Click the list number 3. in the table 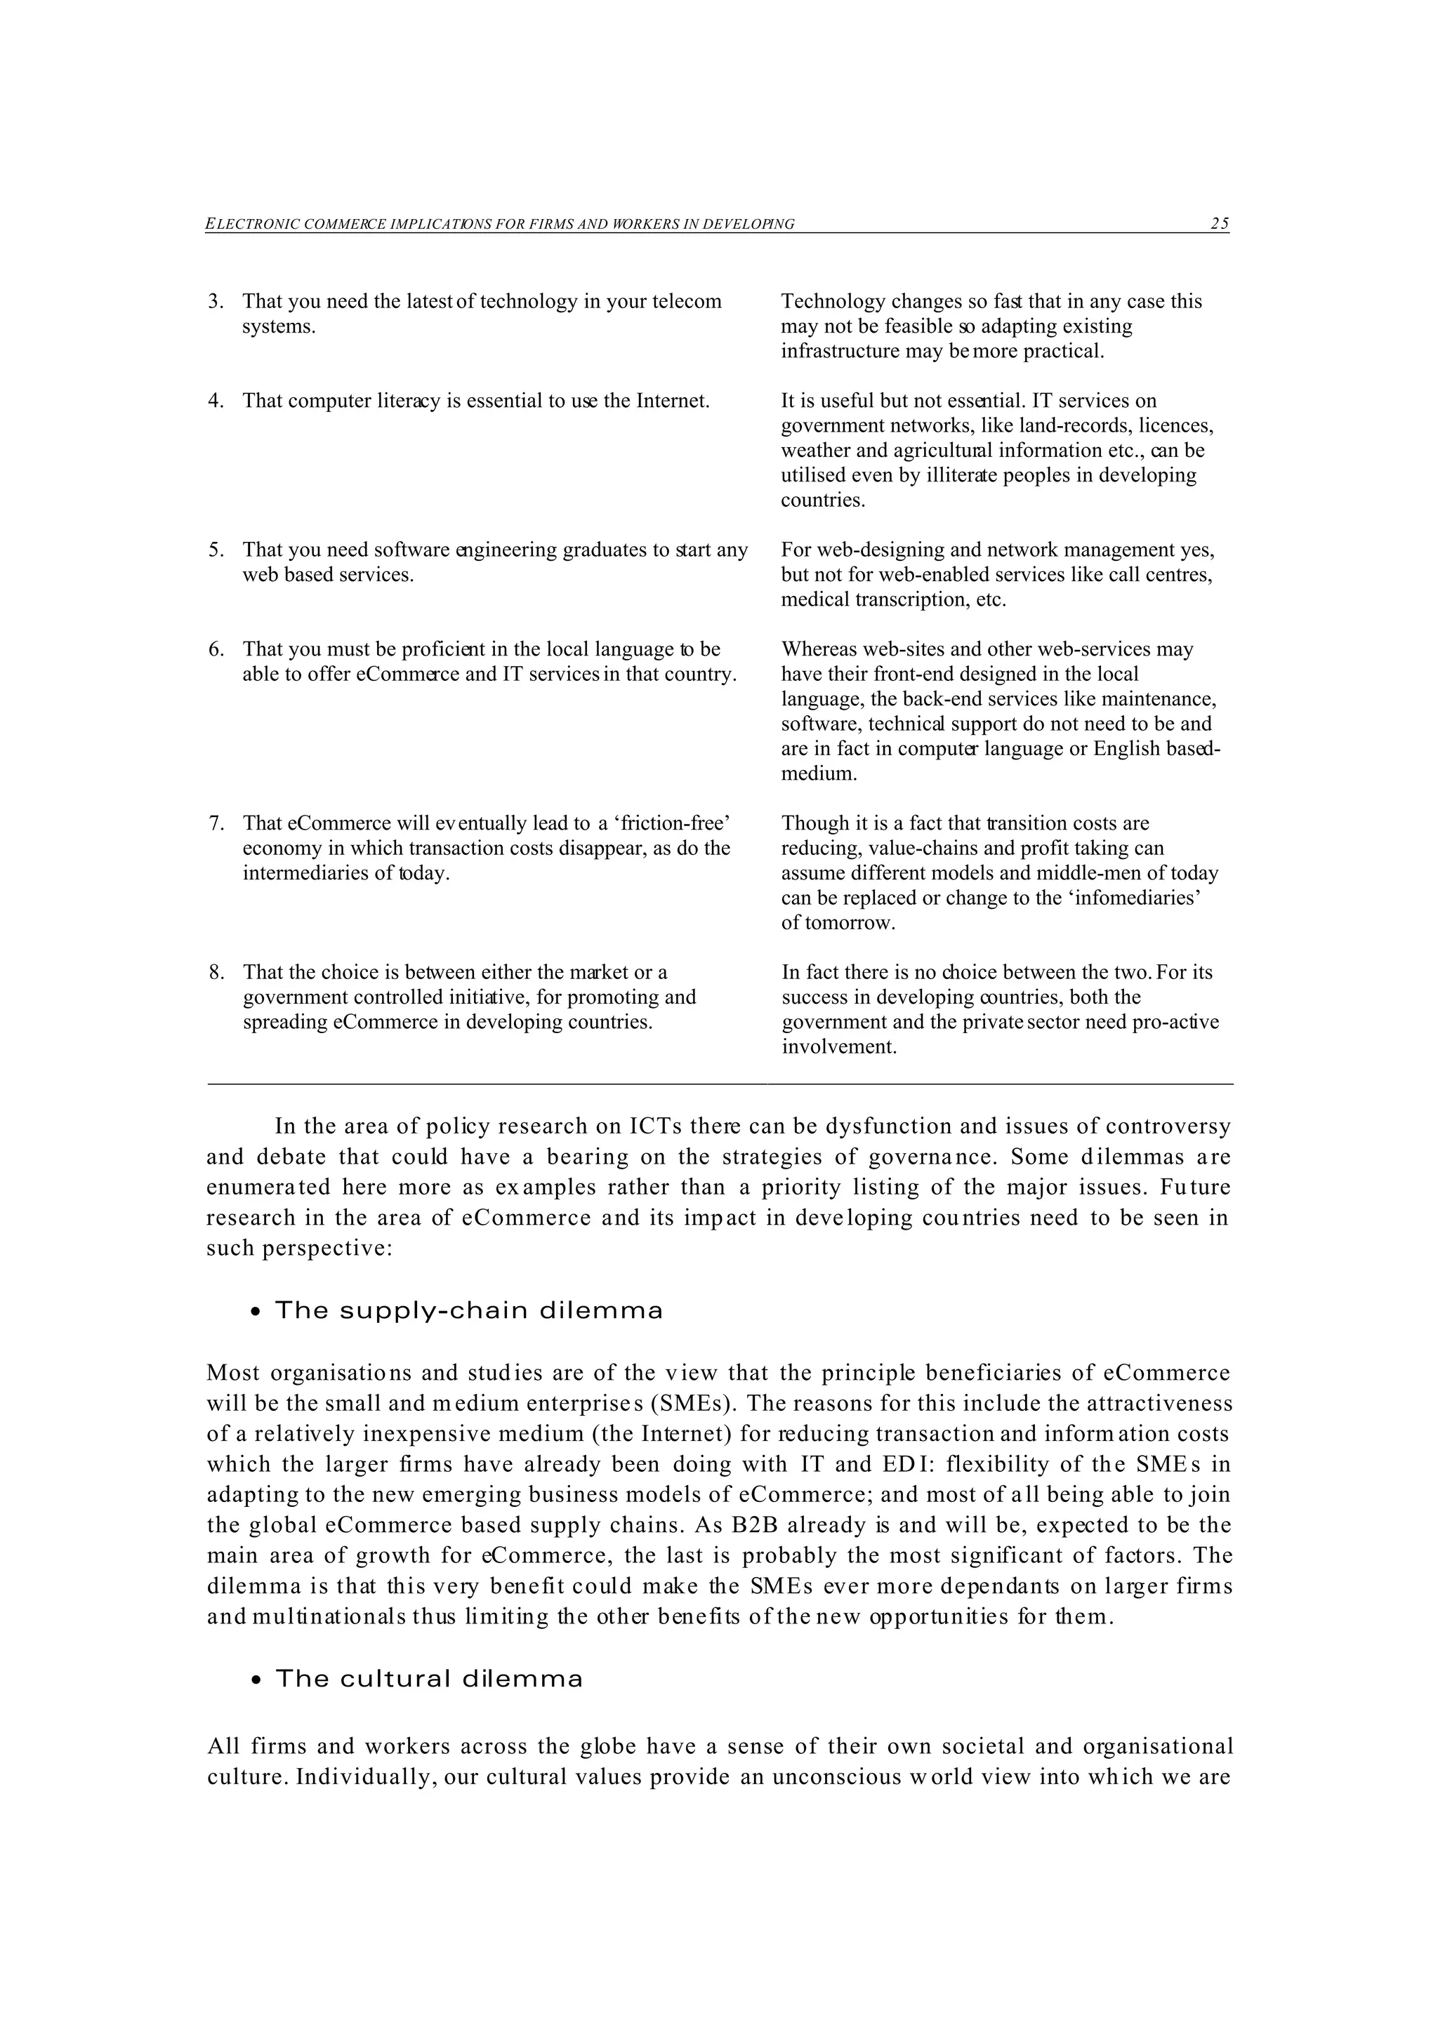216,301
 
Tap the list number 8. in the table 216,972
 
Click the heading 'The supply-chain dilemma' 469,1310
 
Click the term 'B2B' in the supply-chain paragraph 754,1524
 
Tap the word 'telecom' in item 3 687,301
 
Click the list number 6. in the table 216,649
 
